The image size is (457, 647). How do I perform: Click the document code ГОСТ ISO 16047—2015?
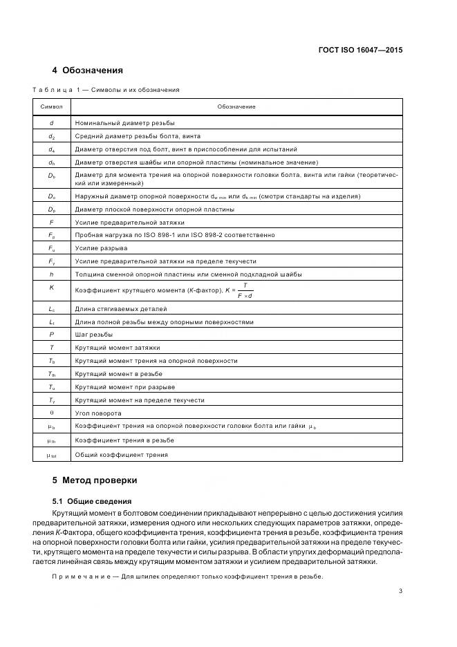[360, 50]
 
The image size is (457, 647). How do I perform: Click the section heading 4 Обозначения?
[88, 71]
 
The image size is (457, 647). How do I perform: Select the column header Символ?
[52, 106]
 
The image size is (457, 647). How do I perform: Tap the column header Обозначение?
[236, 106]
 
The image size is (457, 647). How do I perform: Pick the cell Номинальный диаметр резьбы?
[125, 122]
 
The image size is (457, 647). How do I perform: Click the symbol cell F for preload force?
[52, 222]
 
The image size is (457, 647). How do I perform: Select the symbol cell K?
[52, 286]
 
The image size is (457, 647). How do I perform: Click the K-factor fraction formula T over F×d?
[245, 290]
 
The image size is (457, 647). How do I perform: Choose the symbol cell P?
[52, 335]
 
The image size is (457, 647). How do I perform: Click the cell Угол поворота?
[98, 413]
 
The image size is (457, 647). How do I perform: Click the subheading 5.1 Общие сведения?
[93, 500]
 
